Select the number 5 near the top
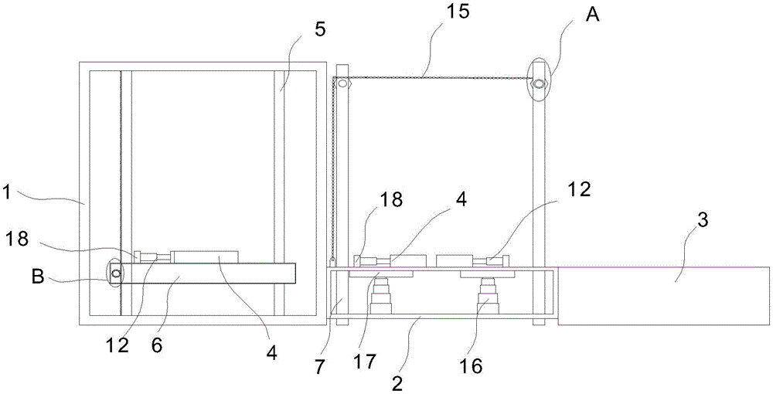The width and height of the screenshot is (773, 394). tap(320, 29)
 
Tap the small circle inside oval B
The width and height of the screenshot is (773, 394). tap(115, 273)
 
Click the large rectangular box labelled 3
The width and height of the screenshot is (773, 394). tap(663, 296)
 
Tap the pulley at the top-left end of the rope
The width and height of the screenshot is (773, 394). tap(342, 83)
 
